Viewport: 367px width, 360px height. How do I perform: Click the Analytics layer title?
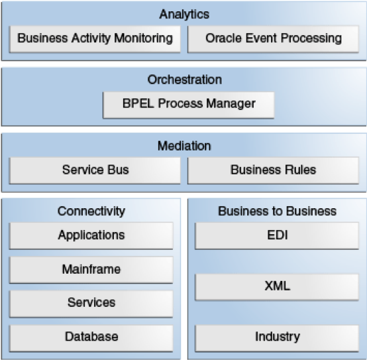[184, 15]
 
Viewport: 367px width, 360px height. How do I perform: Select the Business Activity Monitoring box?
[95, 39]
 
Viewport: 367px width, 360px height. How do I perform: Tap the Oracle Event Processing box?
[273, 39]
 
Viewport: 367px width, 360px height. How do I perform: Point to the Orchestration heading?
[184, 80]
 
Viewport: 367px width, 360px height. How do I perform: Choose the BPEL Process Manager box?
[189, 105]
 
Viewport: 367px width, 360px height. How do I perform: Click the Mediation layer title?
[184, 146]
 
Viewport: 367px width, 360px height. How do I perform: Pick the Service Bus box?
[95, 170]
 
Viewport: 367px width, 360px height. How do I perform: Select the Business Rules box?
[273, 170]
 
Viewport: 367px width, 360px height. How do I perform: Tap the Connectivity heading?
[91, 211]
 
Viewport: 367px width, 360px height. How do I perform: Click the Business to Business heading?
[278, 211]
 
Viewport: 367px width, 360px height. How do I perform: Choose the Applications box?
[91, 235]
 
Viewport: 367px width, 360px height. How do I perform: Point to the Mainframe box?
[91, 270]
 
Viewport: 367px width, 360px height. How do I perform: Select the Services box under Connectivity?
[91, 304]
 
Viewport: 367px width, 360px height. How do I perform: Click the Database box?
[91, 338]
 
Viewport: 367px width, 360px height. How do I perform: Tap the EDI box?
[277, 235]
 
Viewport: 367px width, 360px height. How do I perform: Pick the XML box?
[277, 287]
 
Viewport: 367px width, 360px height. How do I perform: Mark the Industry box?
[277, 338]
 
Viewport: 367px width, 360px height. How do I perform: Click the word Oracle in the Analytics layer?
[223, 38]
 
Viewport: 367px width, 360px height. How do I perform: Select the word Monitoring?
[144, 38]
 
